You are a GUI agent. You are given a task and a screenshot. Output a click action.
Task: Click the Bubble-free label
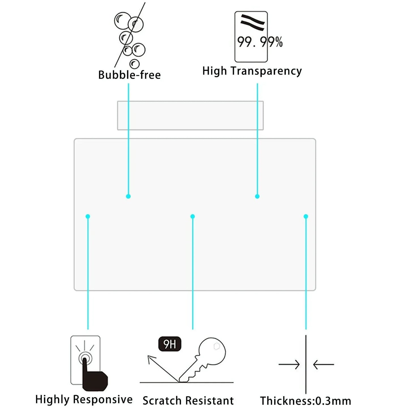point(129,75)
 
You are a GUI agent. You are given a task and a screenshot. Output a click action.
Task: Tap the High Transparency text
point(252,71)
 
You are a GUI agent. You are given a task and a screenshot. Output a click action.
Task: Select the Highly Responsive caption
point(84,399)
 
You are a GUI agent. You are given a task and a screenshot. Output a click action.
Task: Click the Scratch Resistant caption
point(188,401)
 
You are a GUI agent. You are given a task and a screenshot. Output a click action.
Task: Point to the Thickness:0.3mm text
point(305,401)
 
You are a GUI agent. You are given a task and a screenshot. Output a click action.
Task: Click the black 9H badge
point(170,344)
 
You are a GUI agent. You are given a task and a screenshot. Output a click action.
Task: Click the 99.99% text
point(260,42)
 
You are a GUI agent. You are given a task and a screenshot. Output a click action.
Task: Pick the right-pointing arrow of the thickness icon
point(289,365)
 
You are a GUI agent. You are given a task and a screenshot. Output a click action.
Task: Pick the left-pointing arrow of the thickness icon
point(324,365)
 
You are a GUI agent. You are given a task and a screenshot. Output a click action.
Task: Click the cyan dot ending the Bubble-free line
point(128,196)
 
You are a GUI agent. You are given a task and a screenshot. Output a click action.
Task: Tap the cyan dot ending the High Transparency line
point(257,196)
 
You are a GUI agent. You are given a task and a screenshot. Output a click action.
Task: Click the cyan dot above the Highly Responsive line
point(88,217)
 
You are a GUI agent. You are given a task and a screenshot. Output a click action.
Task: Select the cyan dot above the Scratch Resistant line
point(193,217)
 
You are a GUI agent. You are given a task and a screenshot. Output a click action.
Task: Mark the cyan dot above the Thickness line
point(306,217)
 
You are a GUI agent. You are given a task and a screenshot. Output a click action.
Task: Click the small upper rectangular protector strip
point(190,115)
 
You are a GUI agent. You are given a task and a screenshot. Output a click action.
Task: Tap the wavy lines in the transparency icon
point(252,22)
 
